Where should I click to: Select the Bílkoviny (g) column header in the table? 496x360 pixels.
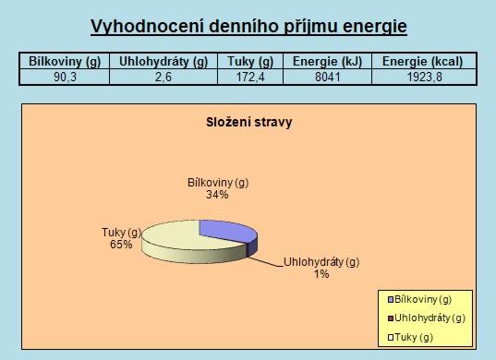pos(65,61)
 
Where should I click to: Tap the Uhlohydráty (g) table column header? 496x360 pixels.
pos(163,61)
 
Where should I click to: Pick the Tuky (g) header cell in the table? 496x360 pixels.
pos(250,61)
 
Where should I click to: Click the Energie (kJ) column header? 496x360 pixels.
pos(327,61)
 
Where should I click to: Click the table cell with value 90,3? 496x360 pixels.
pos(65,78)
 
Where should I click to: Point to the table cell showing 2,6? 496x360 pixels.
pos(163,78)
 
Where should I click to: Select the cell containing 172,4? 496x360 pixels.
pos(250,78)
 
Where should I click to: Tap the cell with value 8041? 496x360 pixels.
pos(327,78)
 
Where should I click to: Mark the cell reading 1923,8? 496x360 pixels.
pos(424,78)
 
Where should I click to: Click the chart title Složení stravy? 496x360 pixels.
pos(249,123)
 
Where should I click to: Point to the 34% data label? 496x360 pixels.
pos(217,195)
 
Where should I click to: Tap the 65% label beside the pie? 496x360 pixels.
pos(121,245)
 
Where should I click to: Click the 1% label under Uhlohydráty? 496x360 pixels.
pos(321,274)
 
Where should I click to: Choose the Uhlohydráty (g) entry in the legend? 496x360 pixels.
pos(427,318)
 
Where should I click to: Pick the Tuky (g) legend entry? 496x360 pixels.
pos(410,338)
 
